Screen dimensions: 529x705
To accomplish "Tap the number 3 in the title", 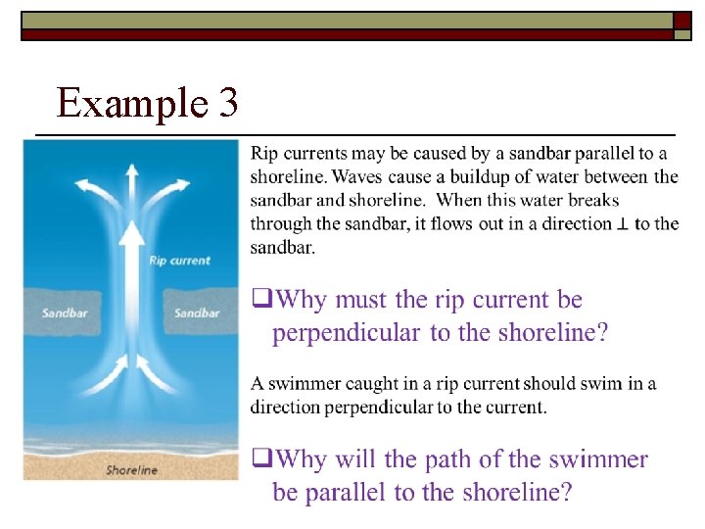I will pos(227,102).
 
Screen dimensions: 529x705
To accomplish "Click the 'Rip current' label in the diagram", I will pos(179,261).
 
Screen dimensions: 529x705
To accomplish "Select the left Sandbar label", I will pos(64,313).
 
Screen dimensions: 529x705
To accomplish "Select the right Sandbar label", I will pos(197,313).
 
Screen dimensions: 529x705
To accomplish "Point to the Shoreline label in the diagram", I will pos(131,470).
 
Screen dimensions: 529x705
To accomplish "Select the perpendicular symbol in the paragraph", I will pos(623,224).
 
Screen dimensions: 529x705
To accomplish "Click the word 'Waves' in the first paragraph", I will pos(357,177).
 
